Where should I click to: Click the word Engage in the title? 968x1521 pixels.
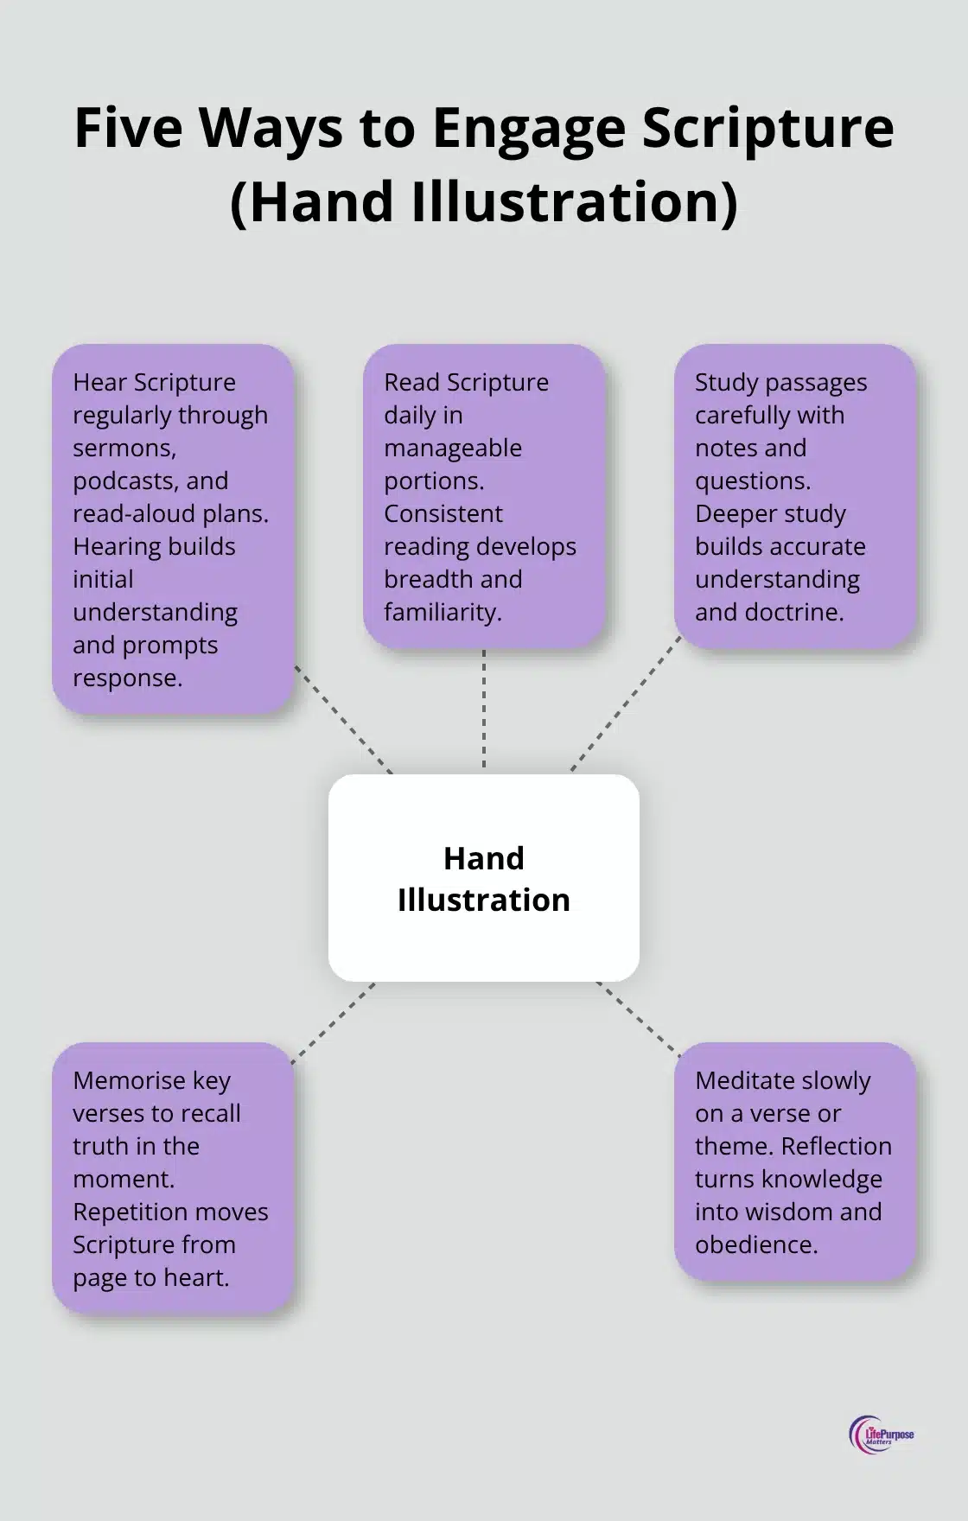(529, 130)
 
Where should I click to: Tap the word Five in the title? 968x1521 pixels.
(128, 128)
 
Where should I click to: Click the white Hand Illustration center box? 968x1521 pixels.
(484, 878)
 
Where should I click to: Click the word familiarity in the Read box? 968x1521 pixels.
(443, 613)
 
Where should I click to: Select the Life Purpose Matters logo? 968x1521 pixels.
(881, 1435)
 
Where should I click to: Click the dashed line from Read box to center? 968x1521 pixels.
(484, 709)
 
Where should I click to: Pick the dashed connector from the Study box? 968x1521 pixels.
(625, 703)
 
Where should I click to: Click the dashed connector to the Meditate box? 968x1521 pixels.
(638, 1019)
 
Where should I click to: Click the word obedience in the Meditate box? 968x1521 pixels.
(756, 1245)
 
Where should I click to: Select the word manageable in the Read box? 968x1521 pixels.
(453, 449)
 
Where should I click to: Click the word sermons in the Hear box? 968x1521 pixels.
(124, 449)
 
